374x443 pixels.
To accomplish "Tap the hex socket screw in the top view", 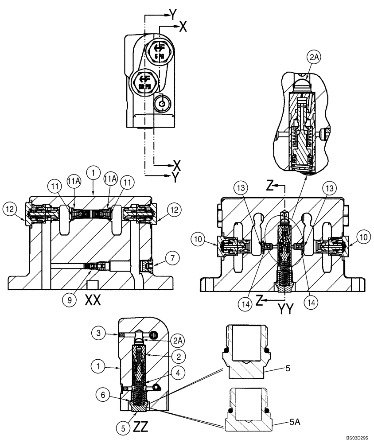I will (163, 105).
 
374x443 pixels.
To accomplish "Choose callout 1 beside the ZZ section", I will (99, 366).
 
